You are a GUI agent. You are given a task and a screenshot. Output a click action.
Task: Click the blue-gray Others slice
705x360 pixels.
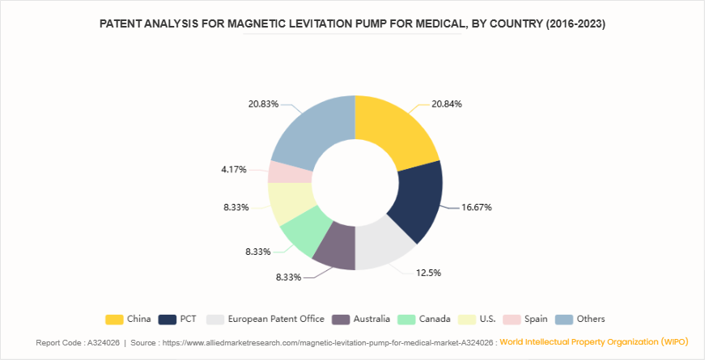click(x=312, y=133)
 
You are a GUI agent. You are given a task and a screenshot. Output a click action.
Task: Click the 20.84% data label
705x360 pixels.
click(x=447, y=104)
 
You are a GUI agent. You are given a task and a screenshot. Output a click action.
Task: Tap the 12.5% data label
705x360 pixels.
click(x=430, y=273)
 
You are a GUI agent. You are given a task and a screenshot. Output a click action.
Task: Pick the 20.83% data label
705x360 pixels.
click(x=264, y=104)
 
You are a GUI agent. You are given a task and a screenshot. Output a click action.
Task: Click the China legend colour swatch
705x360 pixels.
click(x=114, y=319)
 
